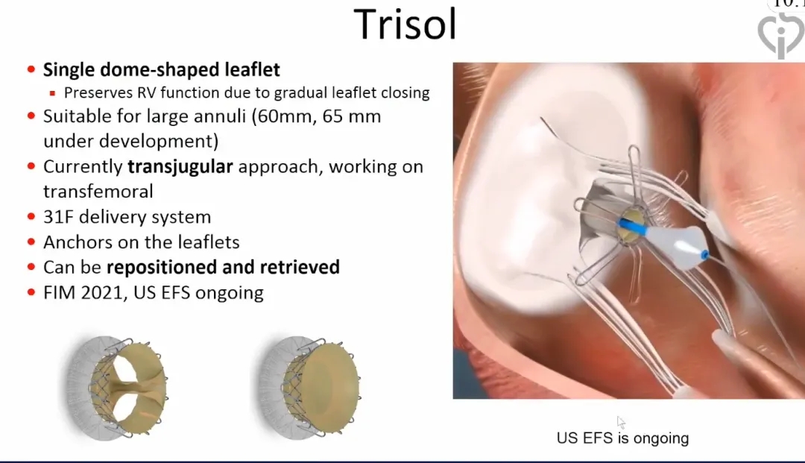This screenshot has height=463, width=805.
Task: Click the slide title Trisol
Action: click(x=405, y=24)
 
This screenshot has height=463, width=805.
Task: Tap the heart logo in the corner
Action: click(x=780, y=35)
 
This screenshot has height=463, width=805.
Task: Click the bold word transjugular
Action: click(x=180, y=167)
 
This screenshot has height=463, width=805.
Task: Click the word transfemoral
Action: click(x=98, y=192)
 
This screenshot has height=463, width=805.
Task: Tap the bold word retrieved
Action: click(x=300, y=267)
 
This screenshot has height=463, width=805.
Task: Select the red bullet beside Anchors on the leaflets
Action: click(x=31, y=242)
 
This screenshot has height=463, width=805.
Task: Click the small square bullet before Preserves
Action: click(x=52, y=93)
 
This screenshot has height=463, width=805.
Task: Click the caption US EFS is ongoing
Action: click(x=622, y=438)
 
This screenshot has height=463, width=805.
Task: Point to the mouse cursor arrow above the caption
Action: click(x=621, y=423)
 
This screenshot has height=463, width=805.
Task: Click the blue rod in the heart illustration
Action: click(x=633, y=227)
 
